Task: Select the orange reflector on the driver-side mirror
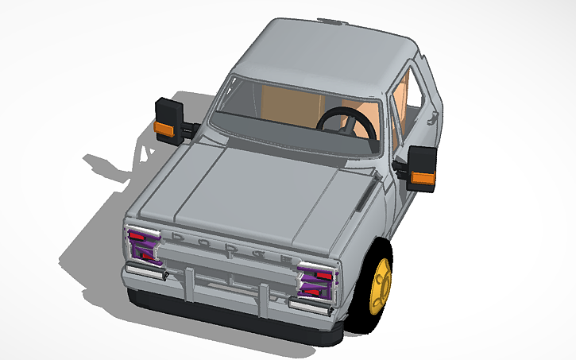point(423,177)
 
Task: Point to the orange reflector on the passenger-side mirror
point(164,129)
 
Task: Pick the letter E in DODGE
point(281,257)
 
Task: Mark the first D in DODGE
point(176,236)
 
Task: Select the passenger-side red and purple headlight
point(145,243)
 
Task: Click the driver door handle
point(434,119)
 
